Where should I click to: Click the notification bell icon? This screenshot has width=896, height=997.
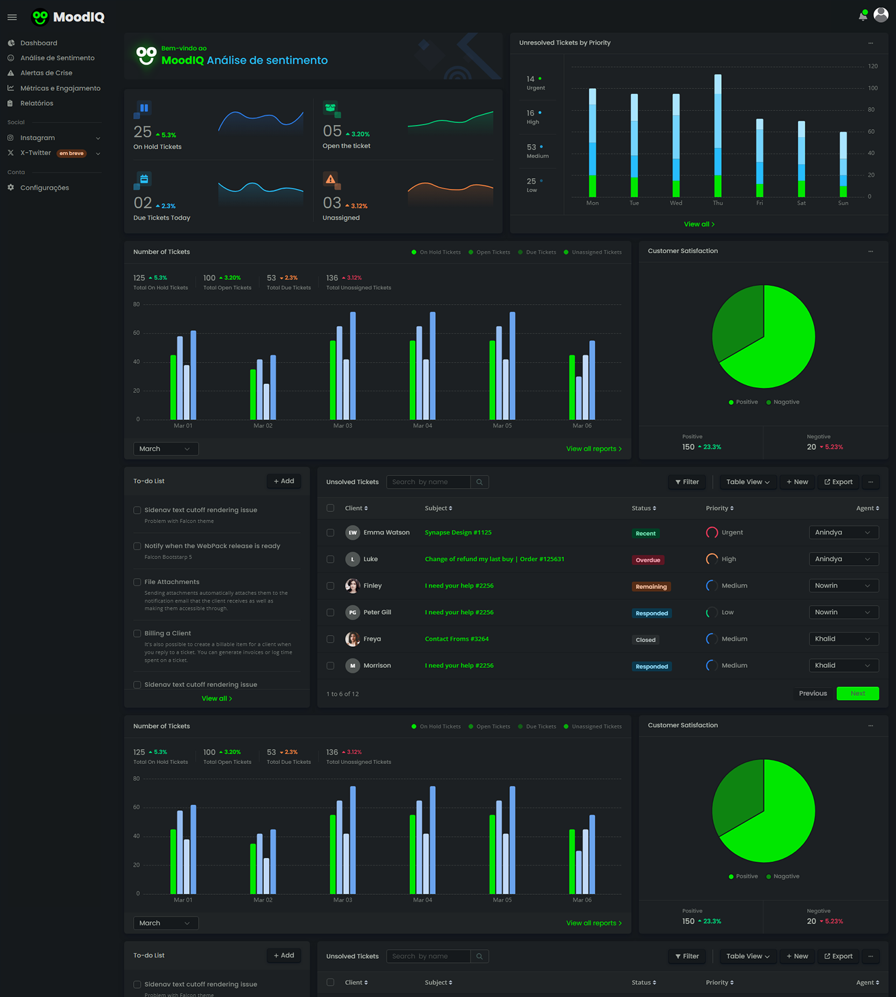point(863,16)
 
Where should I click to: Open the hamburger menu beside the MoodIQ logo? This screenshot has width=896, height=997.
point(12,17)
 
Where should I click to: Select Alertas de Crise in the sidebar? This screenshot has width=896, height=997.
point(46,73)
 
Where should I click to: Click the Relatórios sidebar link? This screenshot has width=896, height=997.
point(36,103)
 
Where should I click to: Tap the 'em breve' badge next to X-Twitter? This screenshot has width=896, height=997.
point(72,154)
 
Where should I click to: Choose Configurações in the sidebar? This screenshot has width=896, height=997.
point(44,188)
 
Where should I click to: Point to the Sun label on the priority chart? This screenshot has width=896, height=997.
point(843,203)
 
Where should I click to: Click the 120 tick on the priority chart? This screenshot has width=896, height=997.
point(873,66)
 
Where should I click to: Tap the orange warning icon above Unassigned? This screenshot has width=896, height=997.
point(330,179)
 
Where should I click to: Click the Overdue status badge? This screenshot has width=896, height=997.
point(648,560)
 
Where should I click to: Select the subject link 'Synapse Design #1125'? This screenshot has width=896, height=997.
point(458,532)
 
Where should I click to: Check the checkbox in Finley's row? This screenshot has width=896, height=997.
point(330,586)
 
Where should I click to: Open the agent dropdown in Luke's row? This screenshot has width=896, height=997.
point(843,559)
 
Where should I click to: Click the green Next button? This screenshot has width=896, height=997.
point(857,694)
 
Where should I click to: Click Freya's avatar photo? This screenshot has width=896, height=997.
point(353,639)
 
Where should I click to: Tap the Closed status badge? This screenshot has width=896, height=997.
point(645,640)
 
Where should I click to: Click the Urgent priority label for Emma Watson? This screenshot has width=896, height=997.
point(732,532)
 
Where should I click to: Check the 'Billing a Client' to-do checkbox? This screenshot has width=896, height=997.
point(137,633)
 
